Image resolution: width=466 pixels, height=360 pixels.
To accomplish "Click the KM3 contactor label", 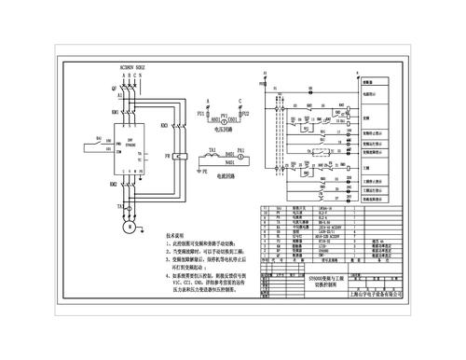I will [163, 124].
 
